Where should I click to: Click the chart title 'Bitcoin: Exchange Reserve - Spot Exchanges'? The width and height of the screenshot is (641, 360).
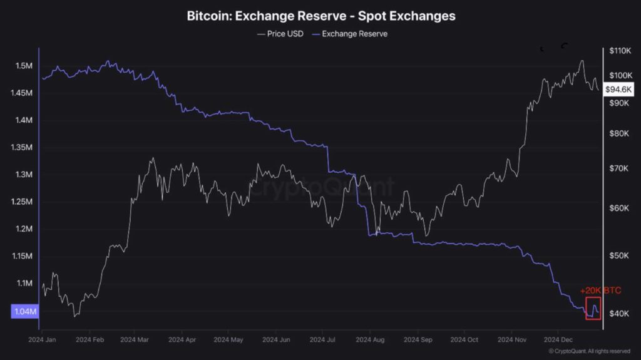tap(320, 16)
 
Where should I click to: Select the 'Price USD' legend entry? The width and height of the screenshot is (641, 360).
tap(280, 34)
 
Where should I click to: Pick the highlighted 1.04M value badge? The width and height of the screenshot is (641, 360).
tap(25, 311)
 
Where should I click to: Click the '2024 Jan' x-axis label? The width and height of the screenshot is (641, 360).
tap(43, 339)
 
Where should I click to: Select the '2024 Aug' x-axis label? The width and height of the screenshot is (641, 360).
tap(370, 339)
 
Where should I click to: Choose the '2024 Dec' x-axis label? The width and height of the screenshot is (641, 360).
tap(558, 339)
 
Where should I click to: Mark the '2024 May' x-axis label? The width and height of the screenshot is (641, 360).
tap(228, 339)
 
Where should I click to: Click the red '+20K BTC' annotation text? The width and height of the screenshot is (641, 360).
tap(600, 291)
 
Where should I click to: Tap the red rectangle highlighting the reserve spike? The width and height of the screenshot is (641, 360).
tap(593, 308)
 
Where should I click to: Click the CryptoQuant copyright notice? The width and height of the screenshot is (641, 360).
tap(589, 351)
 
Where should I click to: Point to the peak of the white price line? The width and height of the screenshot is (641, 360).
tap(582, 61)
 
